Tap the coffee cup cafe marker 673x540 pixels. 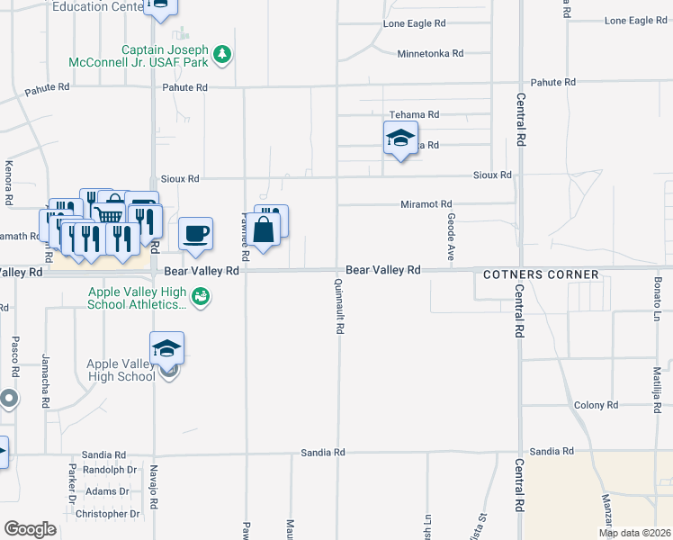pos(196,234)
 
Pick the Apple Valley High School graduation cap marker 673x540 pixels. pos(167,347)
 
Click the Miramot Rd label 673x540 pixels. pos(426,205)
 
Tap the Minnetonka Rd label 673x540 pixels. pos(430,54)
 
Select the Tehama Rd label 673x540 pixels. pos(414,115)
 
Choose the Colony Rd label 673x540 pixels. pos(596,406)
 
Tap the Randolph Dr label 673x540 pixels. pos(110,470)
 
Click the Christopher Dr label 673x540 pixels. pos(107,514)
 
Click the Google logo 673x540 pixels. pos(30,528)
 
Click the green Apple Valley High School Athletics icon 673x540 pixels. pos(202,295)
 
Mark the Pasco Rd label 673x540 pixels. pos(15,357)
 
